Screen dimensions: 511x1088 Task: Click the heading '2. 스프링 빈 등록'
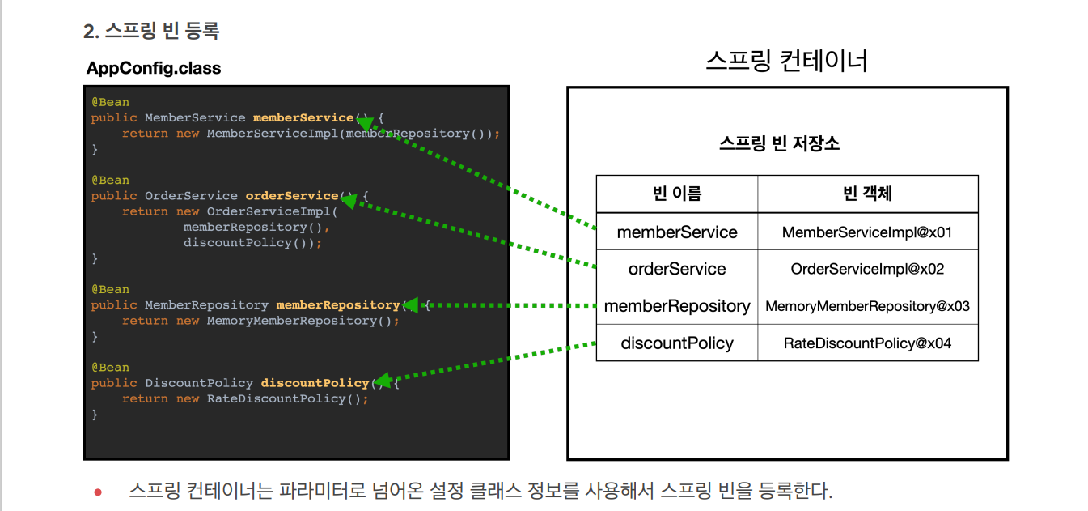(151, 32)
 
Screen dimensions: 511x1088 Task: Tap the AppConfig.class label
(154, 68)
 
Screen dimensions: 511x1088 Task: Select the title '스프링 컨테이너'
(786, 62)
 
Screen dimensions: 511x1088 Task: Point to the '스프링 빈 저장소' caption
(779, 144)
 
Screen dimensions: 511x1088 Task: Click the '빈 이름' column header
(677, 194)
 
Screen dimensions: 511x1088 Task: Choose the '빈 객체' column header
(867, 194)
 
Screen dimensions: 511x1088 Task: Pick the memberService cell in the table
(677, 232)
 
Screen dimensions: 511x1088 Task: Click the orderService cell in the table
(677, 269)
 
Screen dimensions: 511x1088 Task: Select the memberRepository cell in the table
(677, 306)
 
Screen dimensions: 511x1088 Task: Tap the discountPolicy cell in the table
(677, 343)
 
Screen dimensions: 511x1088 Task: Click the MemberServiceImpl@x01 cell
(867, 232)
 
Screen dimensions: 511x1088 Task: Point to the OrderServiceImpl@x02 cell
(867, 269)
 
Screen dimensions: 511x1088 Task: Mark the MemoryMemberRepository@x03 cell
(867, 306)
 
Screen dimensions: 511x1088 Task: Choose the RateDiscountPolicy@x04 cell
(867, 343)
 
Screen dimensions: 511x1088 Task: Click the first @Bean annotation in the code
(110, 102)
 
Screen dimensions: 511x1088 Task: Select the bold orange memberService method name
(303, 117)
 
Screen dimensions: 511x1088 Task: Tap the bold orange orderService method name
(291, 196)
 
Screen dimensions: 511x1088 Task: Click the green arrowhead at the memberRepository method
(410, 305)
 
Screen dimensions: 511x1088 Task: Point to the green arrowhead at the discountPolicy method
(383, 380)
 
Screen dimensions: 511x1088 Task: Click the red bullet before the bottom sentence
(98, 492)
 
